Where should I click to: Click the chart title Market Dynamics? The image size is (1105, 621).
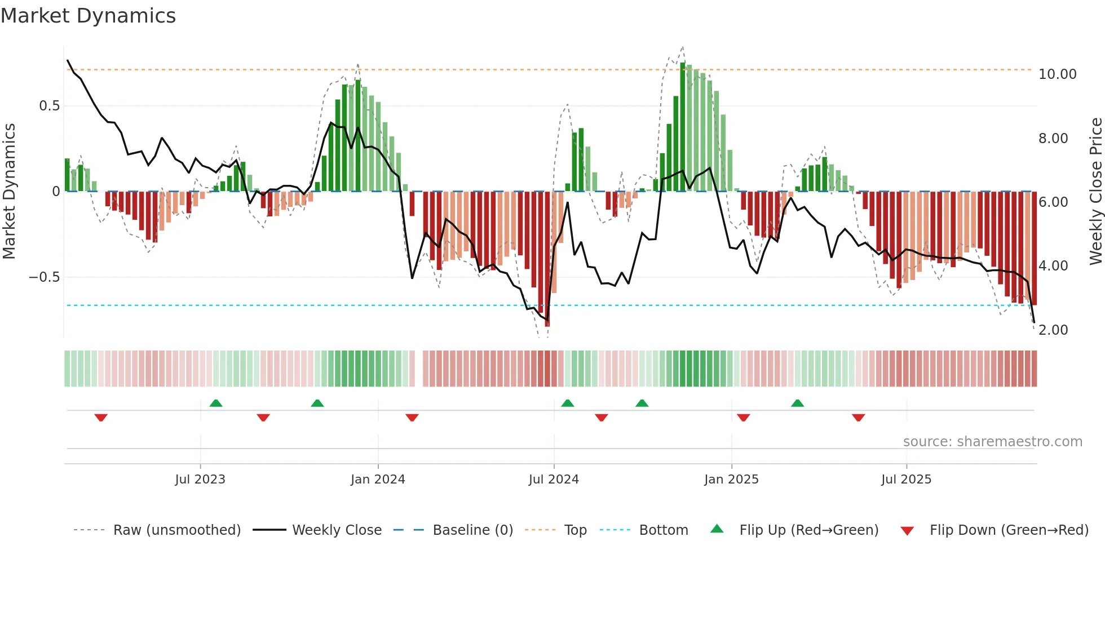pos(88,16)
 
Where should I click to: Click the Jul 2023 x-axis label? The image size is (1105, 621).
pos(200,480)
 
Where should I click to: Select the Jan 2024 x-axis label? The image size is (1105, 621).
pos(378,480)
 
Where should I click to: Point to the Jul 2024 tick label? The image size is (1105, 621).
pos(554,480)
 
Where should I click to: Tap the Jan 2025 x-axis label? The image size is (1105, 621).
pos(731,480)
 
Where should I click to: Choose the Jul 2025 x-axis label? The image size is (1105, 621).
pos(906,480)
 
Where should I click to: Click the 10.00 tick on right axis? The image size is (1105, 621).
pos(1057,74)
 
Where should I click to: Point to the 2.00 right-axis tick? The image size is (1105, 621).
pos(1053,330)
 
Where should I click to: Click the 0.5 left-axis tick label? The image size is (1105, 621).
pos(49,106)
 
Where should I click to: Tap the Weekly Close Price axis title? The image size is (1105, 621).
pos(1095,191)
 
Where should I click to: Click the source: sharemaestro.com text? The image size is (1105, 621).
pos(992,442)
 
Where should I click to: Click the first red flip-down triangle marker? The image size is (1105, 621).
pos(101,418)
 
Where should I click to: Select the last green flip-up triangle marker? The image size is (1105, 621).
pos(797,403)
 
